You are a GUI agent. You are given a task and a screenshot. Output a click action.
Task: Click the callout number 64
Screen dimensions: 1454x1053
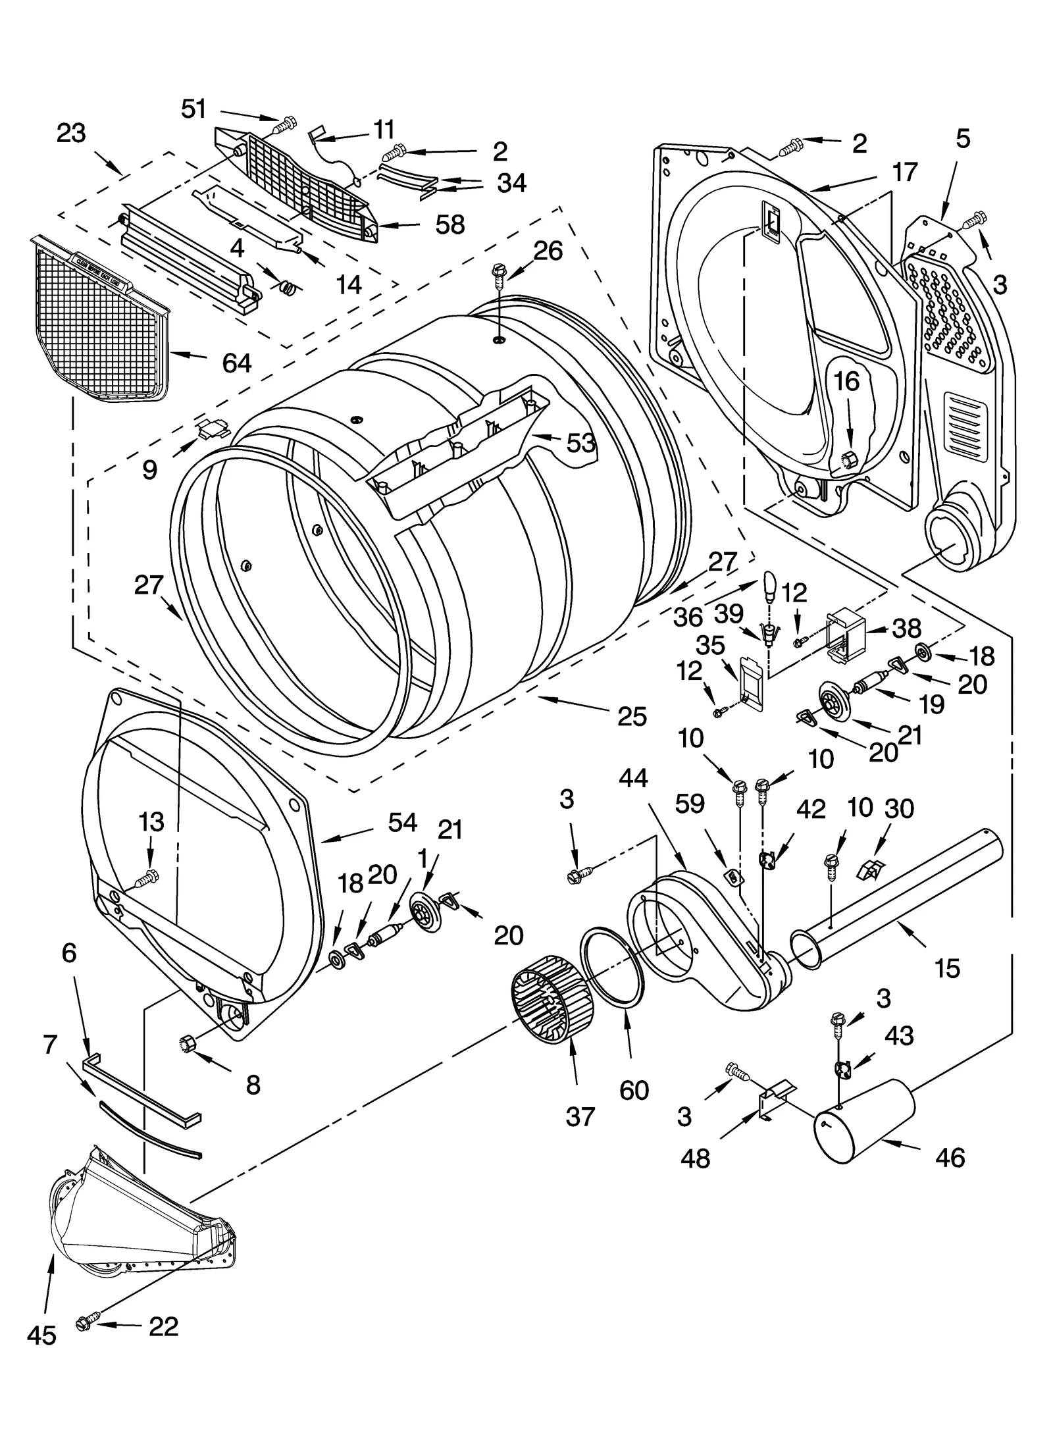tap(236, 362)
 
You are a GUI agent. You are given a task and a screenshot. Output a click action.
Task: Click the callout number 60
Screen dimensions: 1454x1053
tap(634, 1091)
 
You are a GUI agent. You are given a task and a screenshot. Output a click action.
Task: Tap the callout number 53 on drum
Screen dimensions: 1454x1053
tap(580, 443)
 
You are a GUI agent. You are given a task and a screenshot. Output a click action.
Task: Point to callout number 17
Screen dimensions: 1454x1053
tap(904, 172)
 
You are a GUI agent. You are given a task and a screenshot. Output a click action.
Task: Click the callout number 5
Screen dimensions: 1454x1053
tap(962, 139)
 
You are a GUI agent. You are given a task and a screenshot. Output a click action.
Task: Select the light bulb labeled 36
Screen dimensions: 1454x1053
tap(771, 584)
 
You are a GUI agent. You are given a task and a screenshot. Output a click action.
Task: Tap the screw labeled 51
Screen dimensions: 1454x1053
tap(288, 123)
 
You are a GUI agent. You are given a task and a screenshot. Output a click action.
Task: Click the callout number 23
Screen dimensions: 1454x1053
tap(71, 133)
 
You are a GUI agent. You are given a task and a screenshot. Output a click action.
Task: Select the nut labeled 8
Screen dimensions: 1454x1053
tap(186, 1042)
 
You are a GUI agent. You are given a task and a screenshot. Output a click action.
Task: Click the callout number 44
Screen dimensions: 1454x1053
tap(633, 779)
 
